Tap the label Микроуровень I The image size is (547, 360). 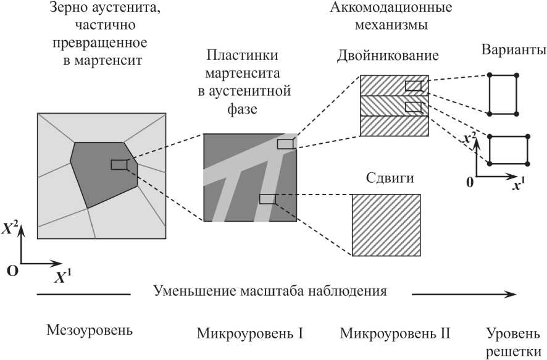pyautogui.click(x=250, y=335)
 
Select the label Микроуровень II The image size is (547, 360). pyautogui.click(x=395, y=335)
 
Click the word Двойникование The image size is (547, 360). pyautogui.click(x=388, y=56)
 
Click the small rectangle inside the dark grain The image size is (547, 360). pyautogui.click(x=119, y=164)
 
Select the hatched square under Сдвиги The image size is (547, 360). pyautogui.click(x=386, y=225)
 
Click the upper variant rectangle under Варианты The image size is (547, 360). pyautogui.click(x=503, y=94)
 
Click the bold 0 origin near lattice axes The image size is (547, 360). pyautogui.click(x=470, y=182)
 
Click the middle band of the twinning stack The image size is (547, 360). pyautogui.click(x=394, y=105)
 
